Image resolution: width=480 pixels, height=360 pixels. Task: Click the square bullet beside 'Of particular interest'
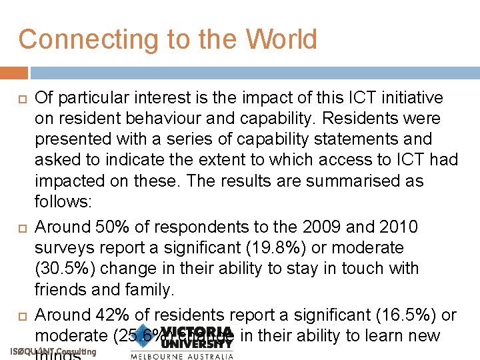pos(19,99)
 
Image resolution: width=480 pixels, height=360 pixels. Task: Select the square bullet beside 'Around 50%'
pos(19,228)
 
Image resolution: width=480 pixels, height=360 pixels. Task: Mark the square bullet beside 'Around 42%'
pos(19,315)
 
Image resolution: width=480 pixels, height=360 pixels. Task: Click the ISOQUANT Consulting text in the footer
pos(54,352)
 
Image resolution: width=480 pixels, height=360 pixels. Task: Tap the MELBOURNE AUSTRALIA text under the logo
pos(182,356)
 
